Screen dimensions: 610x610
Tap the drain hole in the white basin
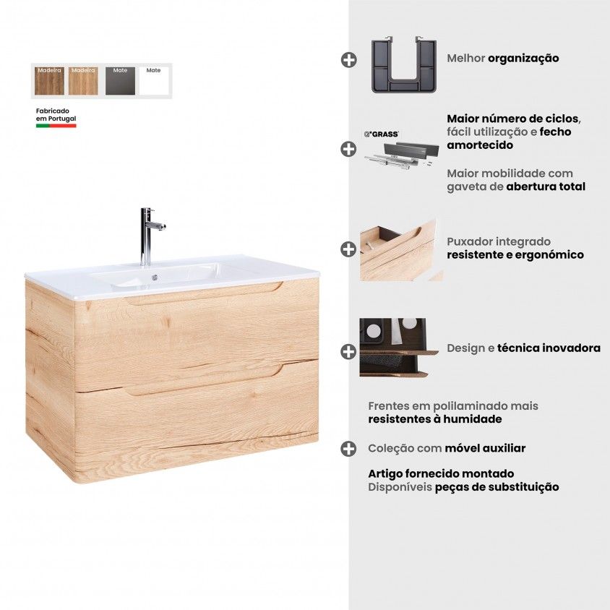[155, 278]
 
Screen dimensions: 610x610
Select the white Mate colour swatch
[154, 80]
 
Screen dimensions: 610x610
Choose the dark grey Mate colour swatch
[120, 80]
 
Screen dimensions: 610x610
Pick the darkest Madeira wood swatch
[49, 80]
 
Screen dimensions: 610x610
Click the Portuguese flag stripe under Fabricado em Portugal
[56, 126]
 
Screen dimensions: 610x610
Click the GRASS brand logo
[382, 134]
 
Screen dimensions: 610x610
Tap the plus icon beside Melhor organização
[348, 60]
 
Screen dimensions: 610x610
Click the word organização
[523, 59]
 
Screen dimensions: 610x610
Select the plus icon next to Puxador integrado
[348, 249]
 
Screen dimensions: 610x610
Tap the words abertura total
[546, 186]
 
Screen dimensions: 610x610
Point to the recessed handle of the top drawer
[205, 293]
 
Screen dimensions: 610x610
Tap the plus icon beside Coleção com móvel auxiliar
[348, 449]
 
